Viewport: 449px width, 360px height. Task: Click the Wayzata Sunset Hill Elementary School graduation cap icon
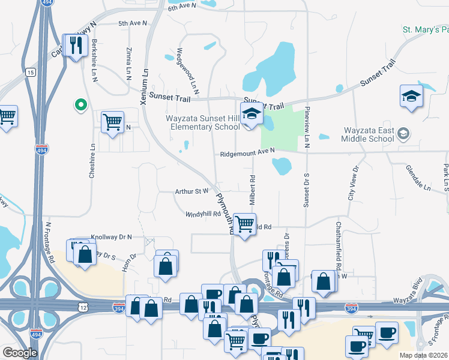(x=252, y=113)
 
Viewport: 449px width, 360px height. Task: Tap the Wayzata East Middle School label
(x=369, y=134)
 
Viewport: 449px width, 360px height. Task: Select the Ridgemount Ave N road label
(x=247, y=153)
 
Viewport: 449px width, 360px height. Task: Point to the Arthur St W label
(x=191, y=191)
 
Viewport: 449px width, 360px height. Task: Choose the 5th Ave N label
(x=132, y=23)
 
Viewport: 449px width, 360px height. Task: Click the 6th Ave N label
(x=182, y=7)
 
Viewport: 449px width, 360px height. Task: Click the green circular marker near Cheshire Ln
(x=80, y=106)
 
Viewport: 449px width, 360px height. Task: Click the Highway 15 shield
(x=31, y=73)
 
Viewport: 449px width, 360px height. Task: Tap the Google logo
(x=20, y=353)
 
